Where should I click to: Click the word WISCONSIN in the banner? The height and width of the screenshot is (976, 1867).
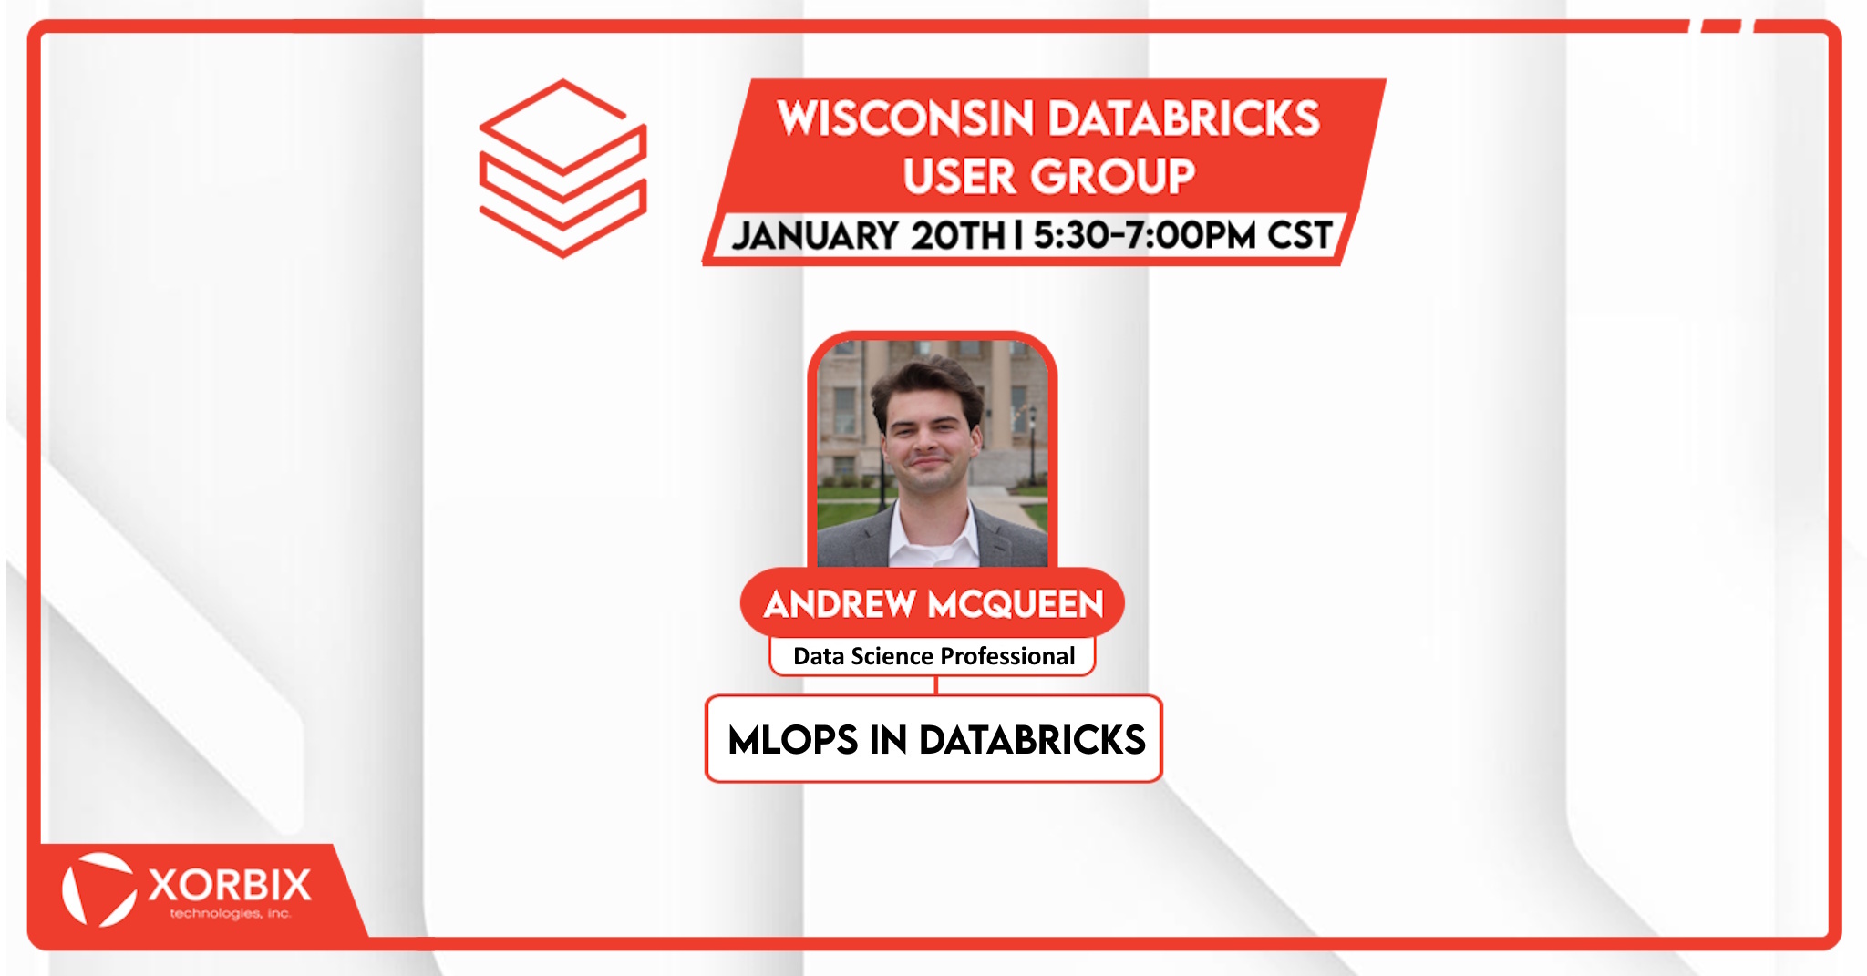pyautogui.click(x=904, y=118)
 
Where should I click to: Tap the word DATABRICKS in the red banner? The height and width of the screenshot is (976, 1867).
pyautogui.click(x=1184, y=118)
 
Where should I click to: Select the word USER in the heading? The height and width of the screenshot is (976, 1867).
pyautogui.click(x=958, y=176)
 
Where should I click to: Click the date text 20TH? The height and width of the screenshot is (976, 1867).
pyautogui.click(x=958, y=235)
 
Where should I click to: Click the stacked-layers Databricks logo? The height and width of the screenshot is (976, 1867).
pyautogui.click(x=562, y=168)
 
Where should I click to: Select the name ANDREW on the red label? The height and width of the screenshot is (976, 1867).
pyautogui.click(x=840, y=603)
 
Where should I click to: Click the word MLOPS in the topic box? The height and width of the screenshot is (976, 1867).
pyautogui.click(x=792, y=740)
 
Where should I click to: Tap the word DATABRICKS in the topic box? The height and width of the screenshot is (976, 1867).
pyautogui.click(x=1032, y=740)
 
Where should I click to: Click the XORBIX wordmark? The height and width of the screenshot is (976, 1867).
pyautogui.click(x=230, y=885)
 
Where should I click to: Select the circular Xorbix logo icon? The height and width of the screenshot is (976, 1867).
pyautogui.click(x=98, y=889)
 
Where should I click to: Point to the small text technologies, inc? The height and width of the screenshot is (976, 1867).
pyautogui.click(x=231, y=913)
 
